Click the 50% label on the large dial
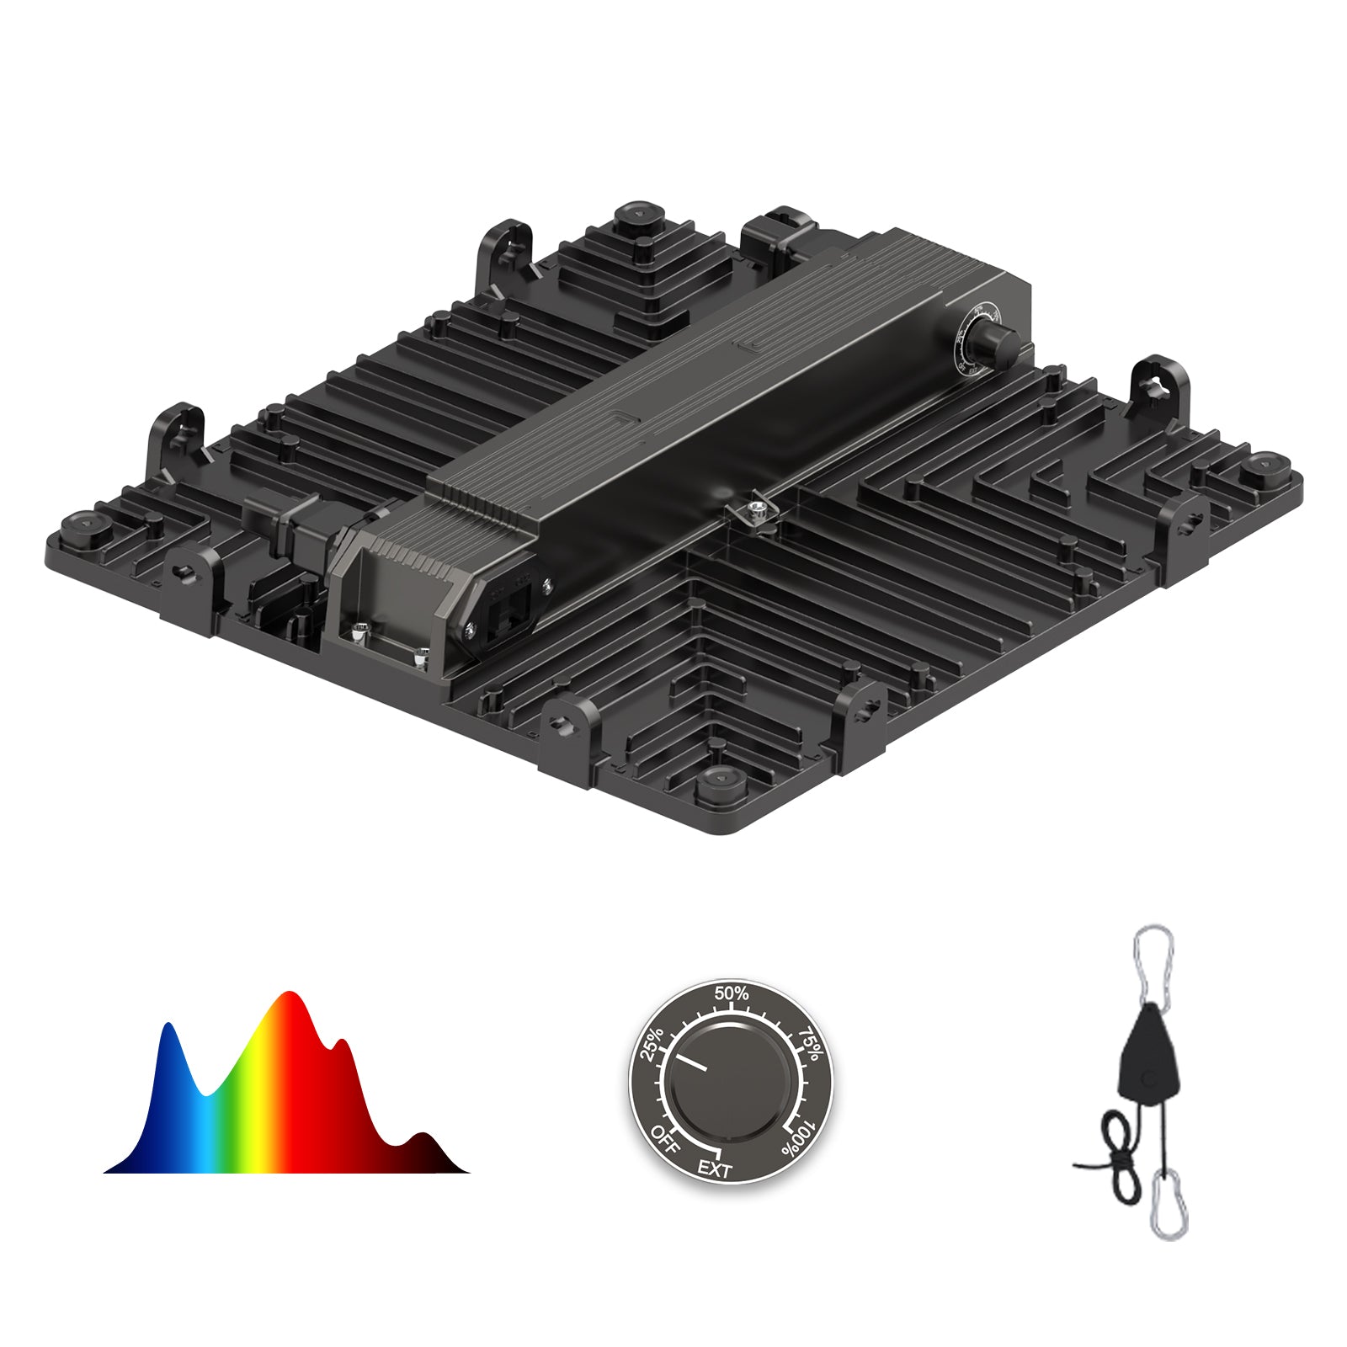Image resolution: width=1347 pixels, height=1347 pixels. [731, 993]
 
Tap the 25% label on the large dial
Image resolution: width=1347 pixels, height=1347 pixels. [653, 1044]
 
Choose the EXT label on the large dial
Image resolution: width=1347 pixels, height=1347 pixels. [715, 1169]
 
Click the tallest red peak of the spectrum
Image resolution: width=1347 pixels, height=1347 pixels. [290, 1002]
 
